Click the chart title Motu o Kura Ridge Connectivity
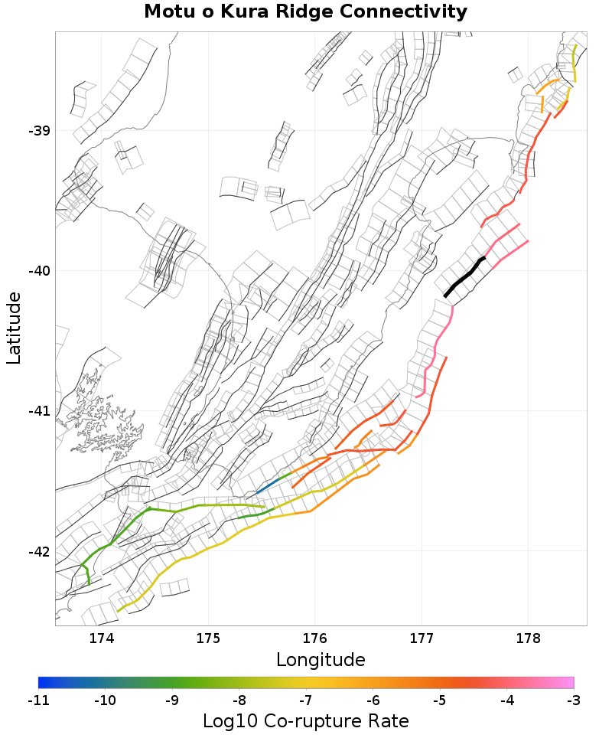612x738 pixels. pyautogui.click(x=305, y=12)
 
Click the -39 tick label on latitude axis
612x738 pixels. pyautogui.click(x=39, y=130)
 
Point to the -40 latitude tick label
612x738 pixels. pyautogui.click(x=39, y=271)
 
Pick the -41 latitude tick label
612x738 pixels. pyautogui.click(x=39, y=411)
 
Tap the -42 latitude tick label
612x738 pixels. pyautogui.click(x=39, y=552)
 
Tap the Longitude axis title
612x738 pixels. pyautogui.click(x=321, y=660)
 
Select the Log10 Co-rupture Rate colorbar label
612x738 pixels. pyautogui.click(x=305, y=721)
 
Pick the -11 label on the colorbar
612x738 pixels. pyautogui.click(x=38, y=700)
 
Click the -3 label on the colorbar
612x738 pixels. pyautogui.click(x=574, y=700)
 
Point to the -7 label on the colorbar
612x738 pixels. pyautogui.click(x=306, y=700)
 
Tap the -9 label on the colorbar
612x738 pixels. pyautogui.click(x=172, y=700)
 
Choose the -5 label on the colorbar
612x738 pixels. pyautogui.click(x=440, y=700)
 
